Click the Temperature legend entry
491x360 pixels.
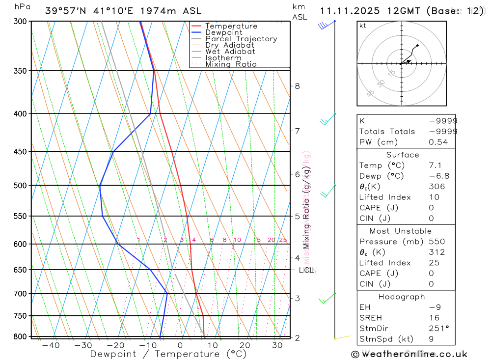[x=231, y=26]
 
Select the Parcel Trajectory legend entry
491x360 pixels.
[x=241, y=39]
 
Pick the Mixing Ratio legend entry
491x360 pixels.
[x=231, y=64]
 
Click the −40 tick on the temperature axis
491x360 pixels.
[x=51, y=345]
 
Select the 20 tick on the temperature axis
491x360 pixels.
[x=245, y=345]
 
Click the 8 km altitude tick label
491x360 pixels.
[x=297, y=86]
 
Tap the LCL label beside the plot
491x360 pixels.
[x=306, y=270]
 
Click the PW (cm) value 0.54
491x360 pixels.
[x=438, y=142]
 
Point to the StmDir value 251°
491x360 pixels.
[x=438, y=328]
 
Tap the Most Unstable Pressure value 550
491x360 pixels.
[x=436, y=242]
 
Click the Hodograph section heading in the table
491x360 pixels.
[x=402, y=297]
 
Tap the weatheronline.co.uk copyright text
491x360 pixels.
[x=409, y=354]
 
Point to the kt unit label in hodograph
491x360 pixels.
[x=363, y=26]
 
